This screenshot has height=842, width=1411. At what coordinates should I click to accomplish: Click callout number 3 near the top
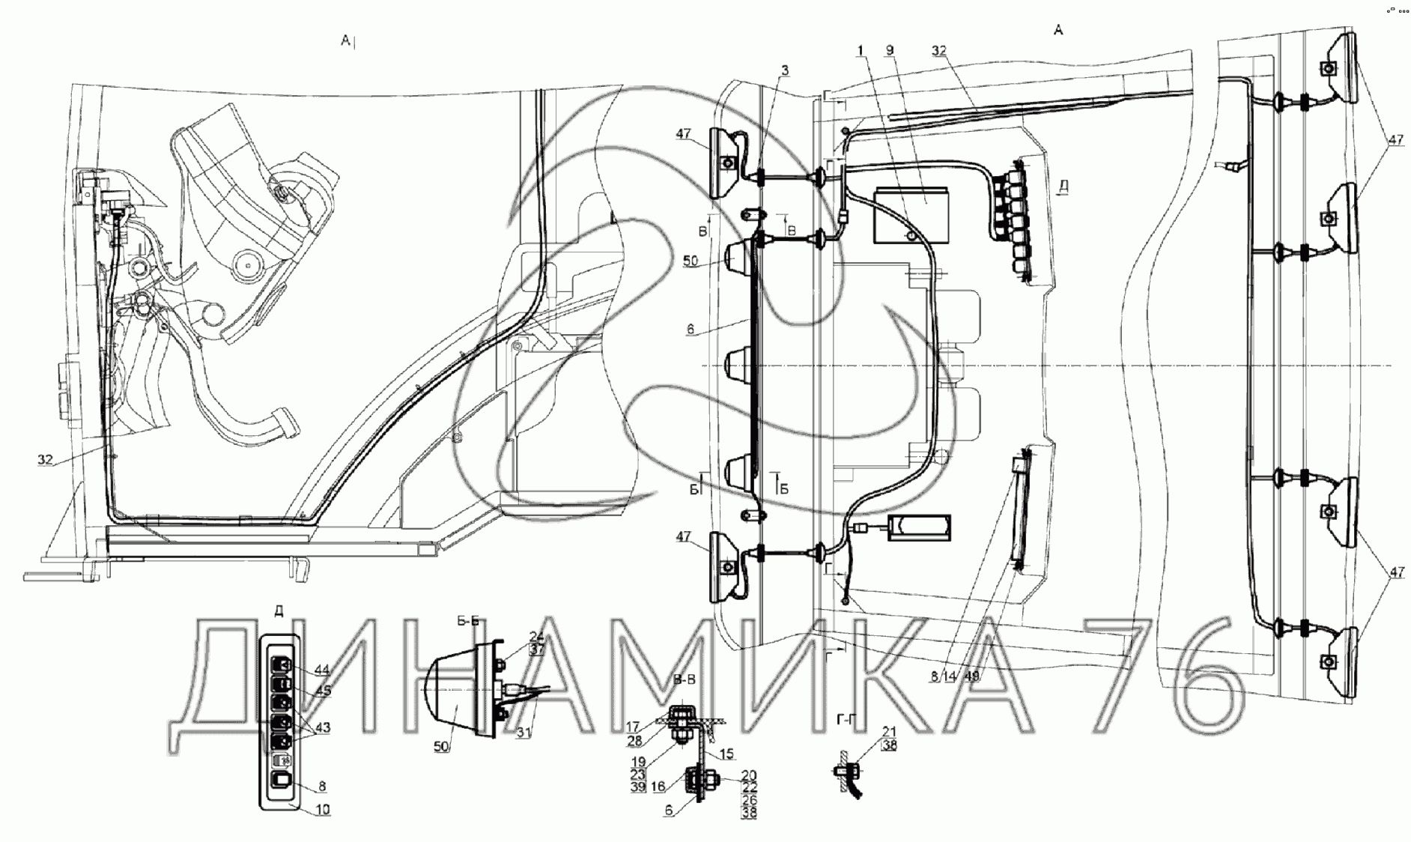(x=784, y=70)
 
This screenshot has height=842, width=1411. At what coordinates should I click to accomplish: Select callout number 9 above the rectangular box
(x=889, y=50)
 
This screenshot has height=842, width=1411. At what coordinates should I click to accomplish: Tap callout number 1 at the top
(x=861, y=50)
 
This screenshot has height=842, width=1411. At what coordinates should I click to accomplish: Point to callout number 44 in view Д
(x=322, y=669)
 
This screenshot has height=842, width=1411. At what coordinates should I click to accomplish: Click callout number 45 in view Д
(x=323, y=691)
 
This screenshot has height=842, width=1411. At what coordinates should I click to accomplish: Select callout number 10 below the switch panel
(x=323, y=809)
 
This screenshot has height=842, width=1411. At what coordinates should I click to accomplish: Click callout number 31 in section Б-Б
(x=525, y=733)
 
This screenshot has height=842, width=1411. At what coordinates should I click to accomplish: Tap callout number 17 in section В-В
(x=634, y=726)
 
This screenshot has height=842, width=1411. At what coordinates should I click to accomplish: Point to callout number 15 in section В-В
(x=726, y=754)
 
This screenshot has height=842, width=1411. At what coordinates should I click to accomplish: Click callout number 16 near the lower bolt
(x=658, y=787)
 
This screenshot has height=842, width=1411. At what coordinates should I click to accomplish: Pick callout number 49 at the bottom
(x=972, y=676)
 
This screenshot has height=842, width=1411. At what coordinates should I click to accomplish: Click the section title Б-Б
(x=467, y=621)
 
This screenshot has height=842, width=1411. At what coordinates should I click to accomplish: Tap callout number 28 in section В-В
(x=634, y=741)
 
